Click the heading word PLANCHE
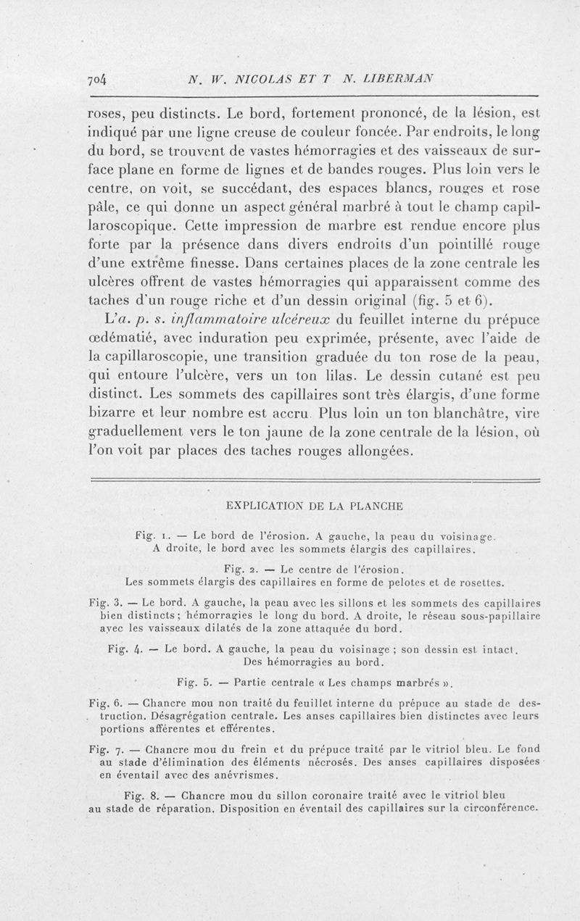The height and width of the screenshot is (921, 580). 373,506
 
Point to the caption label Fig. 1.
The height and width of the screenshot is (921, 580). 150,537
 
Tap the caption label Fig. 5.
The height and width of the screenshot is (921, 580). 192,681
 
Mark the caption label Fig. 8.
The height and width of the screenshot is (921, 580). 141,793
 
